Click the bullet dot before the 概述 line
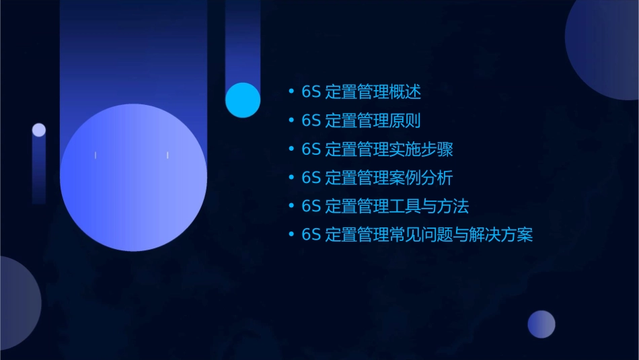pyautogui.click(x=291, y=92)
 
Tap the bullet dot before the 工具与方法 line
pyautogui.click(x=291, y=206)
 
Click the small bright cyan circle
pyautogui.click(x=243, y=100)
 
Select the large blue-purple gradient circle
pyautogui.click(x=133, y=178)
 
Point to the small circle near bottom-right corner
pyautogui.click(x=541, y=324)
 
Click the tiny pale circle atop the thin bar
pyautogui.click(x=39, y=130)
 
